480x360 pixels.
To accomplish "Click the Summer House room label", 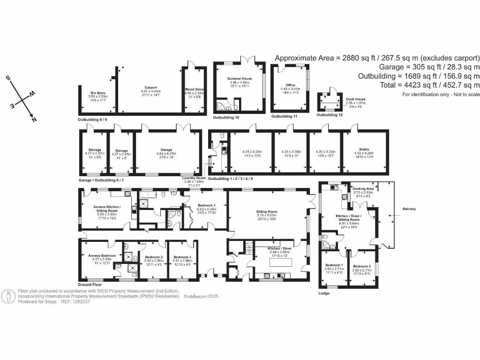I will (240, 79).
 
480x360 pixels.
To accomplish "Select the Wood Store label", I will (195, 89).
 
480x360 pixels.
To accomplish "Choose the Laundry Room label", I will (194, 178).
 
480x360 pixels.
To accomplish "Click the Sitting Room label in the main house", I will (268, 211).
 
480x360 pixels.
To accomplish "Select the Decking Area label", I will (362, 188).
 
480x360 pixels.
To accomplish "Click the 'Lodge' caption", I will (323, 293).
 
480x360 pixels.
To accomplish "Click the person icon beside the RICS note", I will (9, 296).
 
